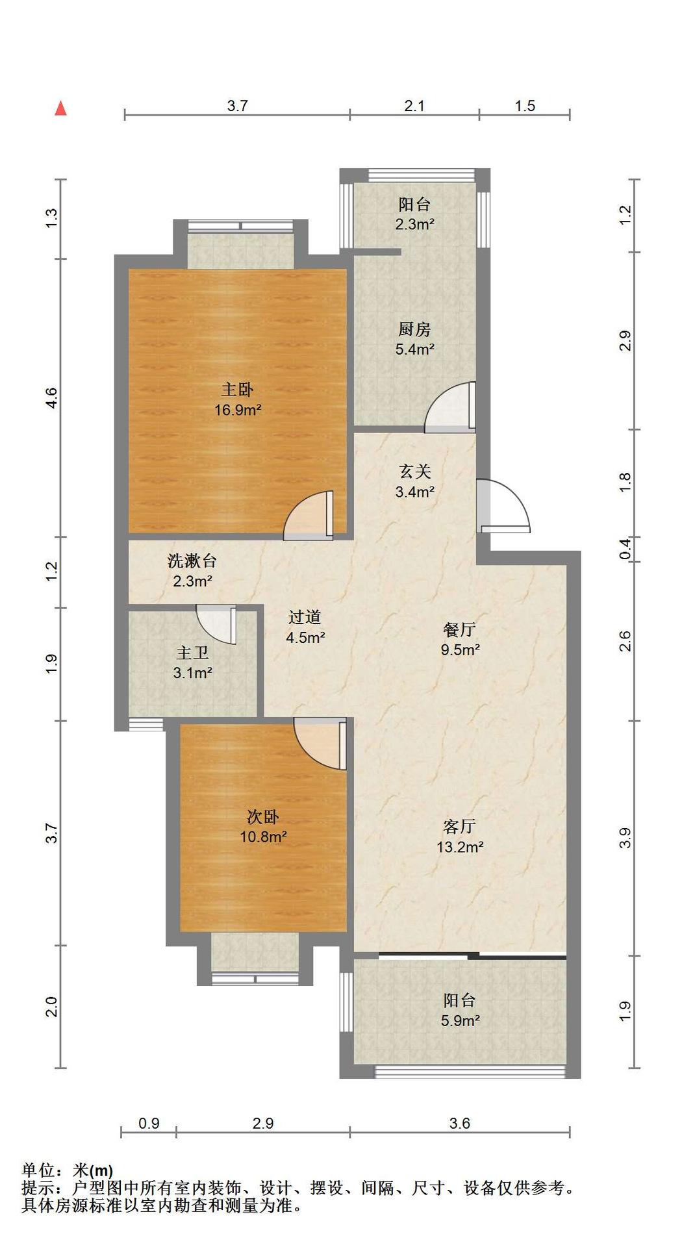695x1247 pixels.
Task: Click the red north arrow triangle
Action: click(60, 108)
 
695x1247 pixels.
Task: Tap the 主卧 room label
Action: click(237, 390)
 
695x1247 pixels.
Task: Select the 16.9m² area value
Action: click(238, 410)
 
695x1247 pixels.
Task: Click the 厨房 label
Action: click(414, 329)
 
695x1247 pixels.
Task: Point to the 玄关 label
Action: click(415, 472)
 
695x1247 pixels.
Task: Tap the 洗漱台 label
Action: click(192, 561)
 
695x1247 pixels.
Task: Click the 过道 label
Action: click(305, 617)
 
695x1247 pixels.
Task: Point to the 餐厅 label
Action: click(460, 629)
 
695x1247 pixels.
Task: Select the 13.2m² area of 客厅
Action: click(460, 847)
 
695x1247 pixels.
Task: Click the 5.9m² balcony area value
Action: click(461, 1020)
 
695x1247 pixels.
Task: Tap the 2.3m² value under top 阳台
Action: click(415, 225)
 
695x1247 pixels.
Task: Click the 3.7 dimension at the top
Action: click(238, 106)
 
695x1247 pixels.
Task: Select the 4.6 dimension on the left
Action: click(52, 397)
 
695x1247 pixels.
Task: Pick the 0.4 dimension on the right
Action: click(625, 549)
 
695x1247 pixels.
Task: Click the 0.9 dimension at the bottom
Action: click(149, 1123)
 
